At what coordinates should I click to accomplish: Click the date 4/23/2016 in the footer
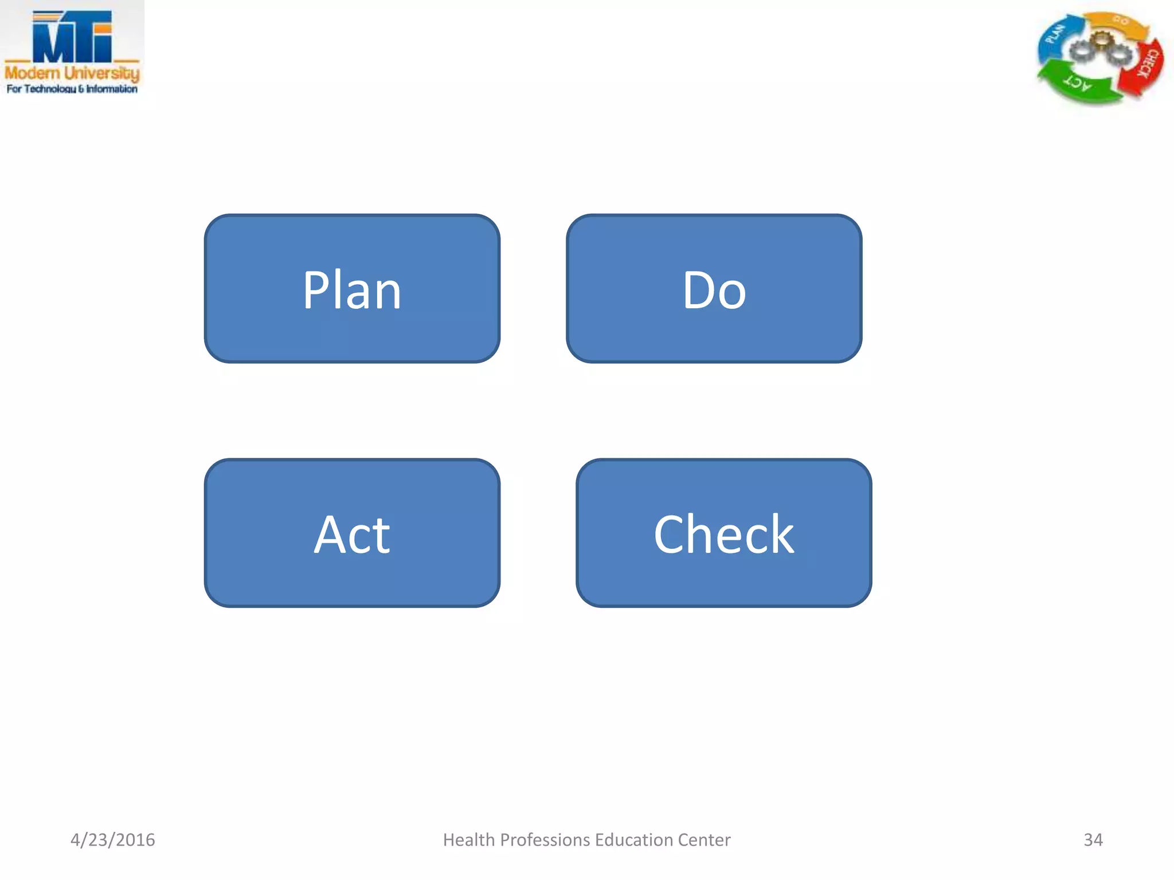point(112,839)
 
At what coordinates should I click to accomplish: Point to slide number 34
point(1093,839)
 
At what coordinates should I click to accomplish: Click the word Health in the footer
point(468,839)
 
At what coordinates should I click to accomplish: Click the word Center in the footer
point(704,839)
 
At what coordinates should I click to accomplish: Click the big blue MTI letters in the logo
point(72,37)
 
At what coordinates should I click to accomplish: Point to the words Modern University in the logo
point(72,73)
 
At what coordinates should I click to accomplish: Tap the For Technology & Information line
point(72,89)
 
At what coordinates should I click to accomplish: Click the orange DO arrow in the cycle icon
point(1118,23)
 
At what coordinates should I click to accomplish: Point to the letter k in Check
point(781,534)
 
